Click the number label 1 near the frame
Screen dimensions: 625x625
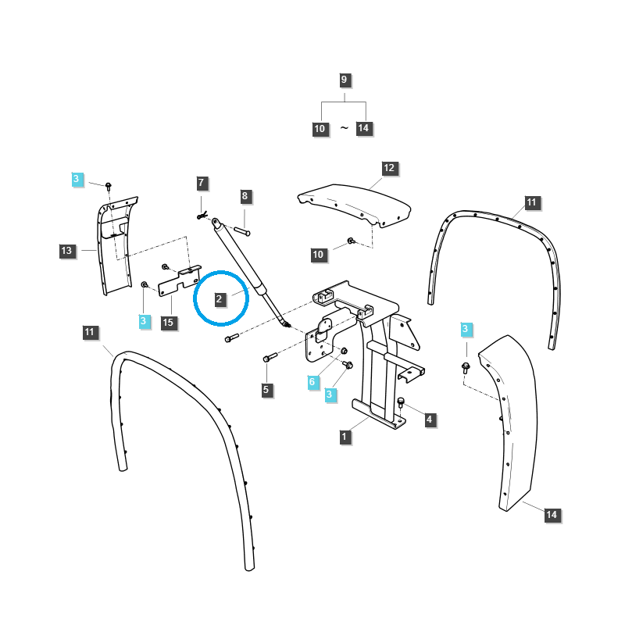345,437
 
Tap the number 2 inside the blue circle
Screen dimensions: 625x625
220,298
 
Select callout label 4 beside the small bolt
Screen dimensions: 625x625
429,420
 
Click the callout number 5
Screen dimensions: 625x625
266,389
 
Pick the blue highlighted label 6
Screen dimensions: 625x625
312,381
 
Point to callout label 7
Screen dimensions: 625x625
201,184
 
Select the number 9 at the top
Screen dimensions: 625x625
345,80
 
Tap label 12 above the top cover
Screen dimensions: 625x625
389,168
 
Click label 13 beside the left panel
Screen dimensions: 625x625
66,251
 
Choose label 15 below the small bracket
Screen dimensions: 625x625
169,322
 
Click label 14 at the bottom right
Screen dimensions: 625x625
552,515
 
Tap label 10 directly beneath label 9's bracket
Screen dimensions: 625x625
320,129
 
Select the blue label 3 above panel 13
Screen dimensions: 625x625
76,179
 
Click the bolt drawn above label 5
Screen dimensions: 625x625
270,357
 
